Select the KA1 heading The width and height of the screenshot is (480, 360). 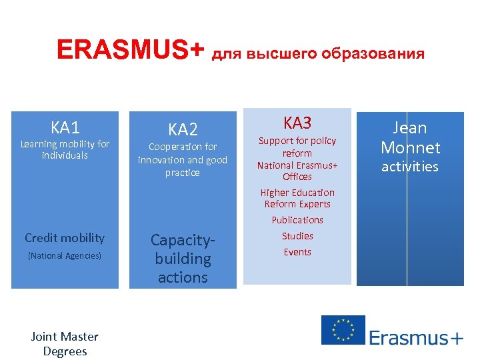(x=65, y=127)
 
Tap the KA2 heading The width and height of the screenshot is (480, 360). (x=183, y=129)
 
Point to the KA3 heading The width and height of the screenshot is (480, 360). (x=297, y=123)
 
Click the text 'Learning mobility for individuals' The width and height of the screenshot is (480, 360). (x=65, y=149)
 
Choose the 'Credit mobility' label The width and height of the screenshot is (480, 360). (x=65, y=238)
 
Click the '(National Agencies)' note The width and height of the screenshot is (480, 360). (x=65, y=255)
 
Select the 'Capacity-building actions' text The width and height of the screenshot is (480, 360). (x=183, y=259)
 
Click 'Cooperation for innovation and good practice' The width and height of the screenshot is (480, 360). (x=183, y=160)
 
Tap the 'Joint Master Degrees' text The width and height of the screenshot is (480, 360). (x=65, y=344)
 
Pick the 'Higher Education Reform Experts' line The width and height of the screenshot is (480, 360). (x=297, y=198)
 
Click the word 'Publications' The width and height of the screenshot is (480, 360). (x=297, y=220)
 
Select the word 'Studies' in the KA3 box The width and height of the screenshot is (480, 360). (x=297, y=236)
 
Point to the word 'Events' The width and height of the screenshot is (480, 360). (x=297, y=252)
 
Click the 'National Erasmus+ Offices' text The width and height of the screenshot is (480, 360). (x=297, y=171)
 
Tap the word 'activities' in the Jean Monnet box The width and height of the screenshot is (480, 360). (x=410, y=167)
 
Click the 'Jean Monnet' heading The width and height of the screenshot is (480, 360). (x=410, y=137)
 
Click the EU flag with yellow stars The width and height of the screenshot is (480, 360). (x=343, y=330)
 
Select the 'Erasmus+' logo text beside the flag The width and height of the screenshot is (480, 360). (x=415, y=337)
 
